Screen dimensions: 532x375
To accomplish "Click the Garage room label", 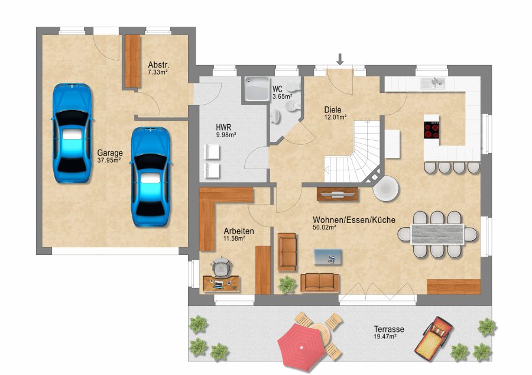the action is (110, 153).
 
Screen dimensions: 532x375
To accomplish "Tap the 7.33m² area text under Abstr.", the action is (158, 72).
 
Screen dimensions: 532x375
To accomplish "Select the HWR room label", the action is (223, 128).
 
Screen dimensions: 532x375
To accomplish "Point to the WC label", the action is (277, 89).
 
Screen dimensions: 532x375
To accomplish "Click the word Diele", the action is (333, 109).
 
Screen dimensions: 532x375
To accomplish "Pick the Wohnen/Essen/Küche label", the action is (354, 220).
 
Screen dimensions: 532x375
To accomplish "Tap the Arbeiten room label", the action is (239, 231).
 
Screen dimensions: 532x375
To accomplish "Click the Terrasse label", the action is (389, 329).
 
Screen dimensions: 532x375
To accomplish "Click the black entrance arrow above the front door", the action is (340, 59).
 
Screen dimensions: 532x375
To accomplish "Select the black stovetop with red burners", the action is (432, 130).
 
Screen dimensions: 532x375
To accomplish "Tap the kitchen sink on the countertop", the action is (433, 83).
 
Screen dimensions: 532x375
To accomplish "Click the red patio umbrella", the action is (301, 347).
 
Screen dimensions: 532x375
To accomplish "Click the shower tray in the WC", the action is (258, 89).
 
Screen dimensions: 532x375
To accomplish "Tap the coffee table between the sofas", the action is (327, 257).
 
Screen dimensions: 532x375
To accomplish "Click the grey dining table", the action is (437, 234).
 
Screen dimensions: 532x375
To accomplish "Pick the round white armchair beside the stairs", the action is (386, 188).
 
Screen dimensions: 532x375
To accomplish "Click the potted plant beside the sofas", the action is (287, 285).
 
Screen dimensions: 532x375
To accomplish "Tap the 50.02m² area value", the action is (325, 227).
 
